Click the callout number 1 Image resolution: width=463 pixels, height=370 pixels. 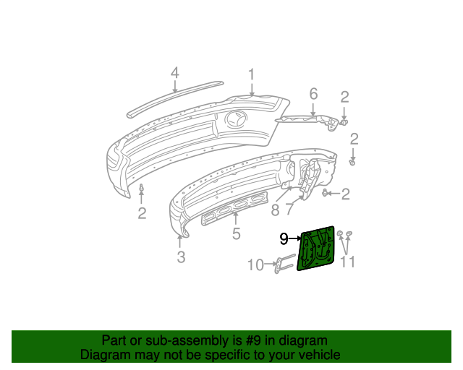click(x=252, y=74)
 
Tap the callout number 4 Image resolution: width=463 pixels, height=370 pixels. click(x=174, y=73)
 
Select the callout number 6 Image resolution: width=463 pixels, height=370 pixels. click(x=313, y=94)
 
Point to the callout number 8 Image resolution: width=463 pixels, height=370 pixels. click(x=275, y=210)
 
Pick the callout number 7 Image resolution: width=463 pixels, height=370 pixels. click(x=289, y=210)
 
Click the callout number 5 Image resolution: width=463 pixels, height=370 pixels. click(x=236, y=233)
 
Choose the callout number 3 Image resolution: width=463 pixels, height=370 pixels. click(x=182, y=256)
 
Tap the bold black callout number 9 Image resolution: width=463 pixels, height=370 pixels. click(x=284, y=238)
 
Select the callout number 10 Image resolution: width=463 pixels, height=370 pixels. click(x=256, y=265)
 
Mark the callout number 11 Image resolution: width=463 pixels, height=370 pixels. click(x=348, y=262)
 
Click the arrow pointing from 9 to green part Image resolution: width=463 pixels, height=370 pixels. click(x=295, y=238)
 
